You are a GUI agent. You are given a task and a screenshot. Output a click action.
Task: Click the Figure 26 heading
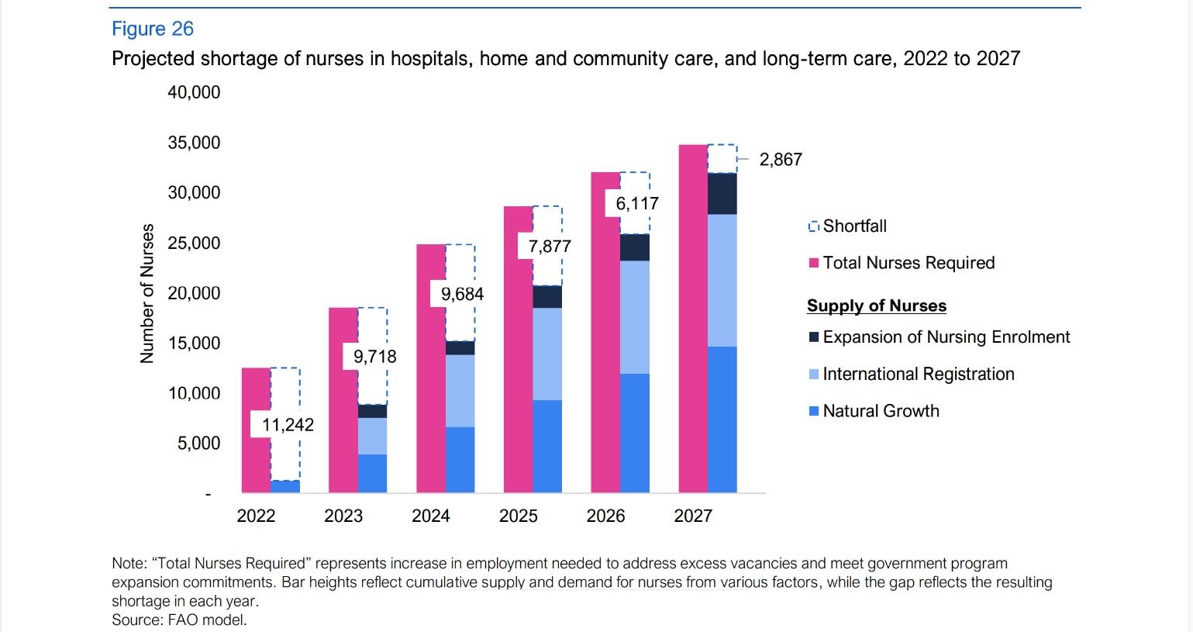153,29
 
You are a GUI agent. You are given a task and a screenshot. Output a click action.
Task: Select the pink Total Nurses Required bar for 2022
256,430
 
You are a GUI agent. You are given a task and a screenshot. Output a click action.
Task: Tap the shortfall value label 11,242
288,425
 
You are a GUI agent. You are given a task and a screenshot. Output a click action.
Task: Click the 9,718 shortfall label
374,357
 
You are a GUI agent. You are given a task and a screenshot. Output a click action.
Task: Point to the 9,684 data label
462,294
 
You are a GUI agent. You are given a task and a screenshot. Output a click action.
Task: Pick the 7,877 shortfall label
550,247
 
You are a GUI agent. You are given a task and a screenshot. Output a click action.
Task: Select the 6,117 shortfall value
636,203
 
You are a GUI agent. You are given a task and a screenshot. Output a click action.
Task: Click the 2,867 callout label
781,160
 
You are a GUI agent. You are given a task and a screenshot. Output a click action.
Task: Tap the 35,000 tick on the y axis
194,143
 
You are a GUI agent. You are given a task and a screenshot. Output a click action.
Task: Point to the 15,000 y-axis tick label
194,344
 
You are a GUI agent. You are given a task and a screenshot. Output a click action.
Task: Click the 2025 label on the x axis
518,516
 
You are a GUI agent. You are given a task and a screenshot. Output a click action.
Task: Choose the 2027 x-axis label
693,516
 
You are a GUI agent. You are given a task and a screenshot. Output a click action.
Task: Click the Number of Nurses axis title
147,293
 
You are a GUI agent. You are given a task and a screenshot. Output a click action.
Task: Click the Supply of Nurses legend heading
877,306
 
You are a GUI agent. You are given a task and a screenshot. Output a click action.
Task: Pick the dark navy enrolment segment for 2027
722,194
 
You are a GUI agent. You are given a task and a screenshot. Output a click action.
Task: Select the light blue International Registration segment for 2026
635,317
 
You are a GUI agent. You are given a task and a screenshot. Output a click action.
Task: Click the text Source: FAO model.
179,620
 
